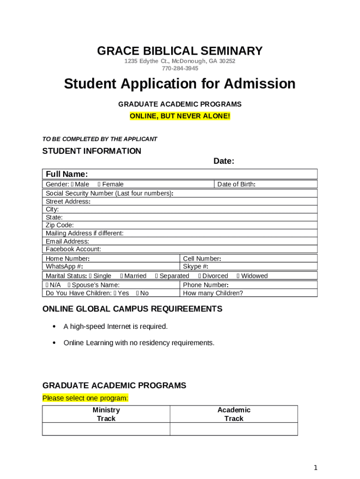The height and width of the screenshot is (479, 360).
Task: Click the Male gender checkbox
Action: click(72, 184)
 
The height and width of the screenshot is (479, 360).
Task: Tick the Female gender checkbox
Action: click(100, 184)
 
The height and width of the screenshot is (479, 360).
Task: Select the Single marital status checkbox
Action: click(90, 276)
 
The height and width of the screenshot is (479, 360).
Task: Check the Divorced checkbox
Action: click(200, 276)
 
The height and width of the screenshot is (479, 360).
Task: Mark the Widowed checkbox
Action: click(238, 276)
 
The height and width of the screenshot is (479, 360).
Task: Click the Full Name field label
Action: click(67, 174)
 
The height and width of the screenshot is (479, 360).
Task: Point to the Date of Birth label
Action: click(236, 184)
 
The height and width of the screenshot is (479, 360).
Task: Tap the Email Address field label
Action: click(67, 241)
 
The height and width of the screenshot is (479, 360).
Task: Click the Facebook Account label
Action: click(73, 249)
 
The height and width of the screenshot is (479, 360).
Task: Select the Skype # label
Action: click(195, 267)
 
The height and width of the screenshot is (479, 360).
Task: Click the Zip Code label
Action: click(60, 225)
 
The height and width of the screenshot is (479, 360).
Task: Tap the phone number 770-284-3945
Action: click(180, 68)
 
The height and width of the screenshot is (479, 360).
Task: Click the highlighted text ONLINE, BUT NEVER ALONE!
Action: click(180, 116)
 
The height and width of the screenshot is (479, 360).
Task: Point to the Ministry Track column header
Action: click(106, 414)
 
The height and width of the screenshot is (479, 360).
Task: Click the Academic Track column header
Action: click(234, 414)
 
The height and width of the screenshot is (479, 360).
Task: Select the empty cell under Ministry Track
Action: click(106, 429)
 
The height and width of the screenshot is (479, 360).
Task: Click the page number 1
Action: click(316, 467)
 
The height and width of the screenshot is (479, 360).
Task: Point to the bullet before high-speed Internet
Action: click(54, 327)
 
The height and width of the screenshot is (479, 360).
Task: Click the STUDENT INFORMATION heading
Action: click(92, 151)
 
